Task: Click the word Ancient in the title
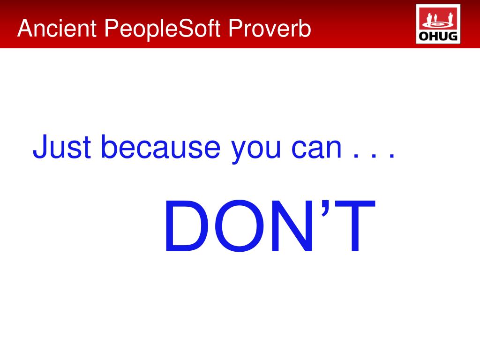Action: pyautogui.click(x=57, y=28)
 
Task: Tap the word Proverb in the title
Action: pyautogui.click(x=270, y=28)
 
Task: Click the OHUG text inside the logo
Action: pyautogui.click(x=438, y=36)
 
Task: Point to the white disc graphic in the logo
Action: pyautogui.click(x=438, y=24)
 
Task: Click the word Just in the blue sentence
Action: pyautogui.click(x=62, y=147)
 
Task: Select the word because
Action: pyautogui.click(x=161, y=146)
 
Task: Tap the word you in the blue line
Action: pyautogui.click(x=256, y=151)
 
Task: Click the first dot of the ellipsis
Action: pyautogui.click(x=356, y=156)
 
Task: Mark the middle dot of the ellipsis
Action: pyautogui.click(x=374, y=156)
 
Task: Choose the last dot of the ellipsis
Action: pyautogui.click(x=392, y=156)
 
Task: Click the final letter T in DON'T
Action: pyautogui.click(x=355, y=226)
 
